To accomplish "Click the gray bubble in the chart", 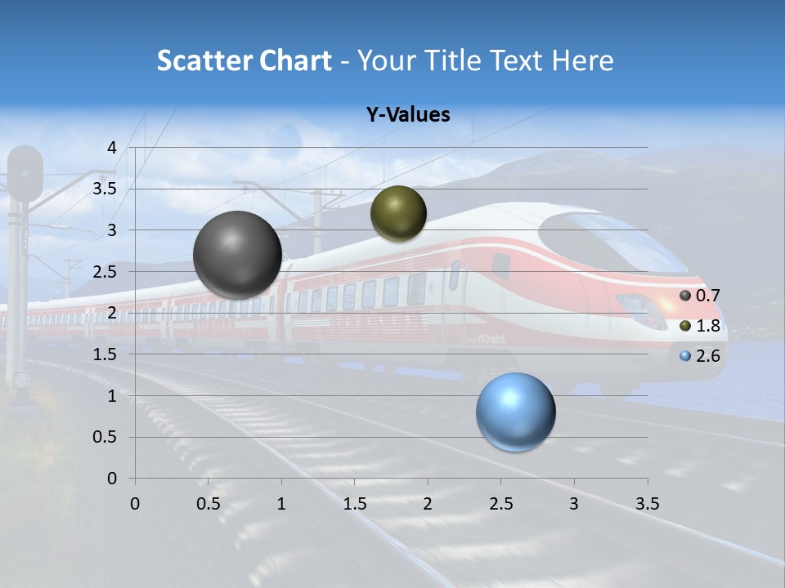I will click(x=237, y=255).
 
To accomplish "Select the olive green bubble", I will click(x=398, y=214).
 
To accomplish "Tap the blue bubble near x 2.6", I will click(x=515, y=412).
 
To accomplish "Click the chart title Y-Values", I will click(x=408, y=115).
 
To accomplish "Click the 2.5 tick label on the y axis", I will click(x=105, y=272).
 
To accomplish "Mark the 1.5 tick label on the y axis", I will click(x=105, y=354).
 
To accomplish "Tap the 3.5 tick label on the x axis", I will click(x=647, y=504).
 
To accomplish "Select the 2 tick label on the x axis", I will click(x=427, y=504).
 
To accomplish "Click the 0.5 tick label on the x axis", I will click(x=208, y=504).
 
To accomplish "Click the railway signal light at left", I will click(x=25, y=173).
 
